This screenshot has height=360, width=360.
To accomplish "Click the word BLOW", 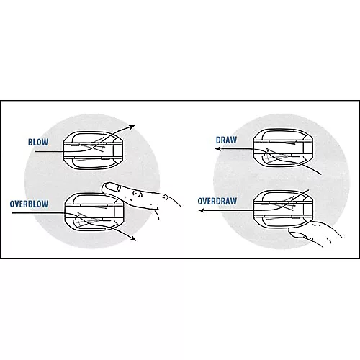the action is pos(38,142).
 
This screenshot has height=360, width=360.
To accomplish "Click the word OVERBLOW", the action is pos(29,204).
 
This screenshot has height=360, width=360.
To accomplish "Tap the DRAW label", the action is pos(226,140).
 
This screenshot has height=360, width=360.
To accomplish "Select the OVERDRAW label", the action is pos(217,201).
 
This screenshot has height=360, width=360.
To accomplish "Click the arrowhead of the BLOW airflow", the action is pos(132,127).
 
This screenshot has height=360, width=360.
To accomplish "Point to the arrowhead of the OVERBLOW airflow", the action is pos(133,238).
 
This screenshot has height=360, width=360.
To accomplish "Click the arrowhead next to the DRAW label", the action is pos(218,149).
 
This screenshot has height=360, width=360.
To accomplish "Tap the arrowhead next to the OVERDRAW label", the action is pos(202,210).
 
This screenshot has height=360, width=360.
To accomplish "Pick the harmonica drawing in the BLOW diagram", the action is pos(93,150).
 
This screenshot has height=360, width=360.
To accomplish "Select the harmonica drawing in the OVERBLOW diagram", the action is pos(94,212).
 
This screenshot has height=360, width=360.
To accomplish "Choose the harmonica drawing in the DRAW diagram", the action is pos(283,148).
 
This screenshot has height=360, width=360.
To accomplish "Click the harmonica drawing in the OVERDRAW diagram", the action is pos(284,210).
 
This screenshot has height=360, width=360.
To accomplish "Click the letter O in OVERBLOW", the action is pos(12,204).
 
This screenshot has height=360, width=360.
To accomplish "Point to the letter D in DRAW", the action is pos(218,140).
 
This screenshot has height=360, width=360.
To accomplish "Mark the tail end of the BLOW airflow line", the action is pos(35,152).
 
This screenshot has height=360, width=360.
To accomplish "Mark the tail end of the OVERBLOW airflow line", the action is pos(12,213).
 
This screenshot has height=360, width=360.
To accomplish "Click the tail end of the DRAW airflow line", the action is pos(321,174).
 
